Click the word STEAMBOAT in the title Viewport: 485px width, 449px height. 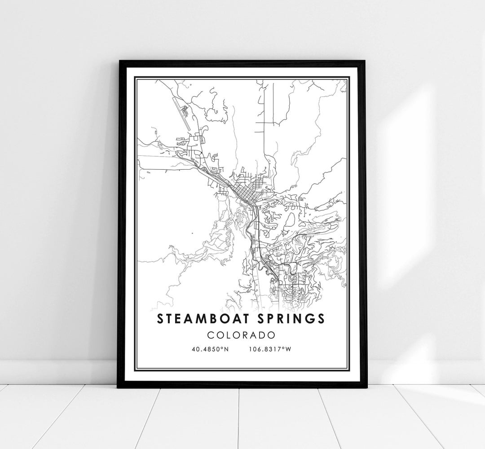(x=202, y=318)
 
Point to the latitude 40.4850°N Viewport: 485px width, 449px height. (x=209, y=349)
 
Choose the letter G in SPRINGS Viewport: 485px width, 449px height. (x=310, y=318)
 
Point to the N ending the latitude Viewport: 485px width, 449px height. (x=226, y=349)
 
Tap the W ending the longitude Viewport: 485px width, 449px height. (x=289, y=349)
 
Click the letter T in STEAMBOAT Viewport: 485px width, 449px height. (x=169, y=318)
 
